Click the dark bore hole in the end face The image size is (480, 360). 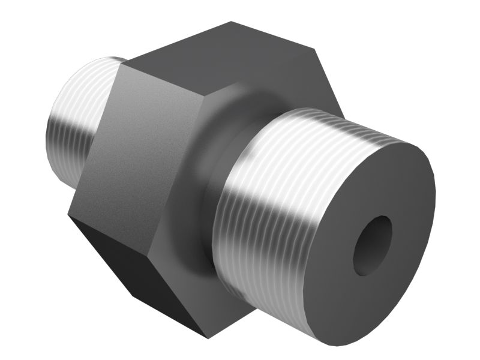(x=372, y=245)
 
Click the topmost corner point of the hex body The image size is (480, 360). (x=232, y=22)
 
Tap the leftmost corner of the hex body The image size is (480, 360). (x=68, y=215)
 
